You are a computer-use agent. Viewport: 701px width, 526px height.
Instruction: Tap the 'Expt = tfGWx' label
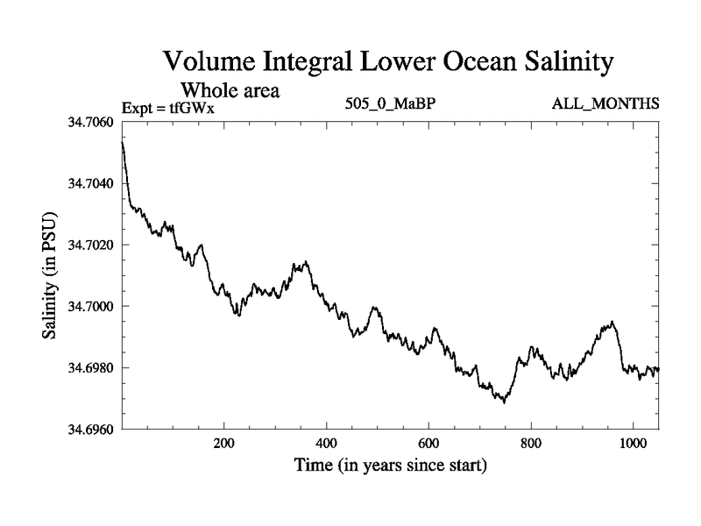[x=168, y=108]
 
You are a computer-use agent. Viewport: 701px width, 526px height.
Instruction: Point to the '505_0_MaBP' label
[x=392, y=104]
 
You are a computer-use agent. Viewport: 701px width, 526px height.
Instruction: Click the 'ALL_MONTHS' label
[x=605, y=104]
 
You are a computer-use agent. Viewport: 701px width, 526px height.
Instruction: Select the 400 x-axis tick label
[x=327, y=444]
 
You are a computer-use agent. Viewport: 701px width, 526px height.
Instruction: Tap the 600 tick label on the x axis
[x=428, y=444]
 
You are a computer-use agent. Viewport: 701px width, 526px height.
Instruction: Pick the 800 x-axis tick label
[x=531, y=444]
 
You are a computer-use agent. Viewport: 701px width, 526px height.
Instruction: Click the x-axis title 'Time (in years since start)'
[x=390, y=465]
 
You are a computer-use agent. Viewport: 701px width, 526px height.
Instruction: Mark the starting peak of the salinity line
[x=123, y=142]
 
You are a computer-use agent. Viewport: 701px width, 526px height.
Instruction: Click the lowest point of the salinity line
[x=504, y=402]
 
